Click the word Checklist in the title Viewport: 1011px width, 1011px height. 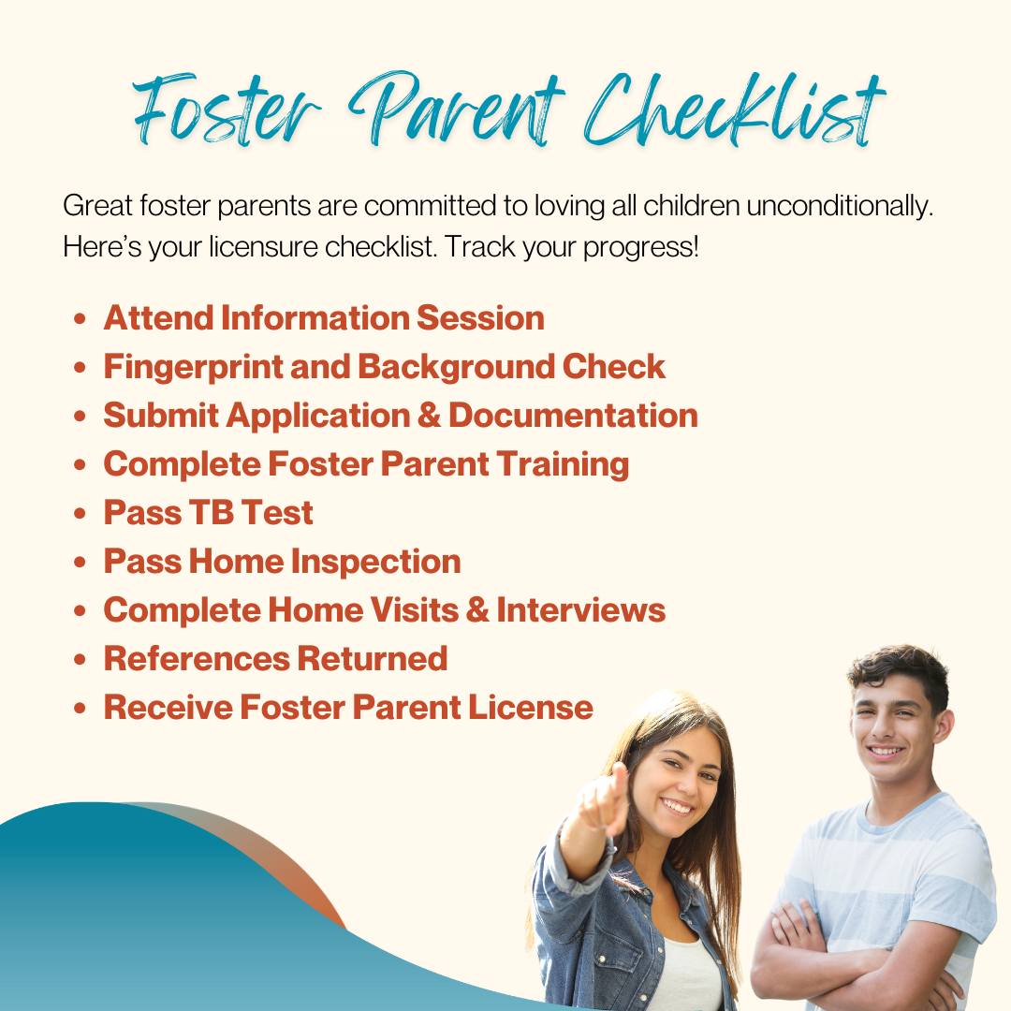click(x=735, y=110)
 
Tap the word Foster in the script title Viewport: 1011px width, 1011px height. click(x=226, y=110)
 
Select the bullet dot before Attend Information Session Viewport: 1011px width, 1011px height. click(x=80, y=318)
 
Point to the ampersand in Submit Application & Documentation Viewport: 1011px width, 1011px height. click(x=429, y=416)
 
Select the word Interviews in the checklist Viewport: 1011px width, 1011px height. click(x=581, y=610)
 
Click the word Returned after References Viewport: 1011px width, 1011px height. click(x=372, y=658)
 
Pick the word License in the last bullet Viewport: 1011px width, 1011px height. click(x=531, y=708)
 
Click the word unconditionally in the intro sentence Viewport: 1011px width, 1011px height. click(x=840, y=206)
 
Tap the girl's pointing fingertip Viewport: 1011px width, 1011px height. click(x=620, y=769)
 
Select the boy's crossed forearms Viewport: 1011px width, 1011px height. click(x=857, y=967)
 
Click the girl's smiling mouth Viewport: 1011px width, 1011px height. click(x=677, y=806)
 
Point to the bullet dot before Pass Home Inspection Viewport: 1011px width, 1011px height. click(x=80, y=563)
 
